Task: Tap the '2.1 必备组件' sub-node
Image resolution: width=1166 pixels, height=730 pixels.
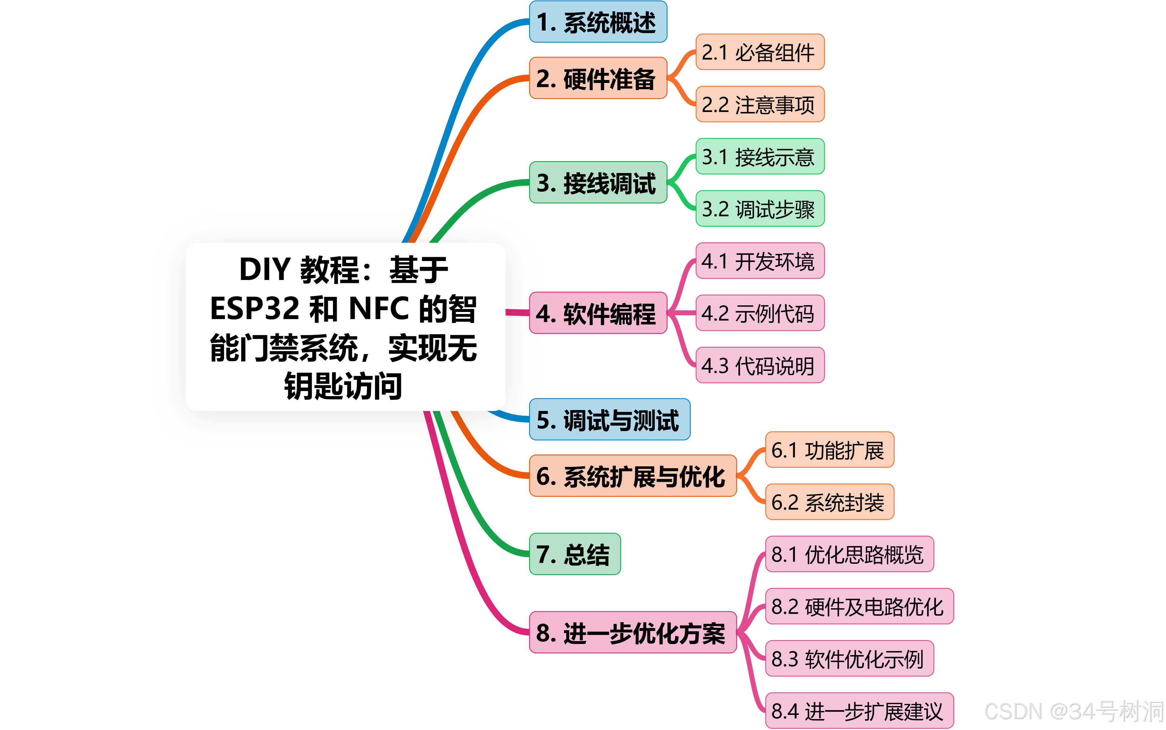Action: coord(760,52)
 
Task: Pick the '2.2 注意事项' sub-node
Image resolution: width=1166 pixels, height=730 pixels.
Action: coord(760,104)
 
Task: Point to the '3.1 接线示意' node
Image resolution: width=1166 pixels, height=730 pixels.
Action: coord(760,156)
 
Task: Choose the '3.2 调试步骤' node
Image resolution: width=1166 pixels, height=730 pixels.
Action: coord(760,209)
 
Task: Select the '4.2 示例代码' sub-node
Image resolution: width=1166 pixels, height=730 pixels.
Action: coord(760,313)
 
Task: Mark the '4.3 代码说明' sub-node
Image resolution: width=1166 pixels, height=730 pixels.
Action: coord(760,365)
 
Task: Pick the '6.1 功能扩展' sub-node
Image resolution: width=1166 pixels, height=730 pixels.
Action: coord(829,450)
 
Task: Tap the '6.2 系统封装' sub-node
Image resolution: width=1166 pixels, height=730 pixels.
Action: coord(829,502)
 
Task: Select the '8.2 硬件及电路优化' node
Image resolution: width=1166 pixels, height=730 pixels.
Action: coord(859,606)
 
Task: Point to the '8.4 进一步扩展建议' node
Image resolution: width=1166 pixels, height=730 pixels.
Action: coord(859,711)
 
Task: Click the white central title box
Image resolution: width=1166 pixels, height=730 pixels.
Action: coord(345,327)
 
